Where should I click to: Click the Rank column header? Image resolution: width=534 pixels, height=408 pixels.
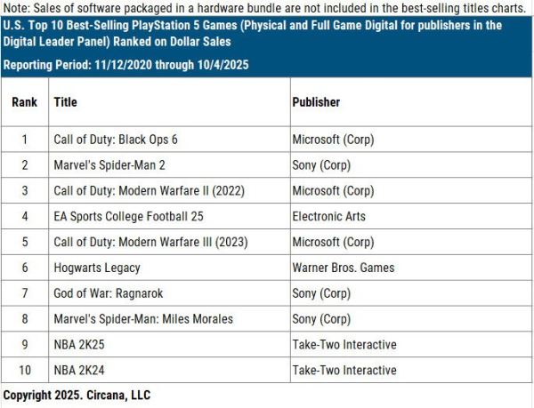(x=24, y=102)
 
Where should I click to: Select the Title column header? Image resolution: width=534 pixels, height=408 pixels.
(x=66, y=102)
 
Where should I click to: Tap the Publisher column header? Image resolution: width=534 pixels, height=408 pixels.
(x=316, y=102)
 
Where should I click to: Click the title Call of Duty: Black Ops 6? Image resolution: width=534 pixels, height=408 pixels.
(x=117, y=140)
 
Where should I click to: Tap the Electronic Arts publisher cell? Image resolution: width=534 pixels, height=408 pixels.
(x=328, y=216)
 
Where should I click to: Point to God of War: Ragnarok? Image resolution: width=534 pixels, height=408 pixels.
(x=109, y=293)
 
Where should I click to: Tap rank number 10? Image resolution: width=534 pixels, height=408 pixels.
(x=24, y=370)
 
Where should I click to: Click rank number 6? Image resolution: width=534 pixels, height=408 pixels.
(x=24, y=268)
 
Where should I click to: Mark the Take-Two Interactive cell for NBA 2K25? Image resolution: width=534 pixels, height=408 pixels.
(x=344, y=344)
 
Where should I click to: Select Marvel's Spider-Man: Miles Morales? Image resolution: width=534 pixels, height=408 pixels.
(x=143, y=319)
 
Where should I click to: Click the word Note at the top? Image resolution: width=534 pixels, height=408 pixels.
(x=17, y=7)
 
